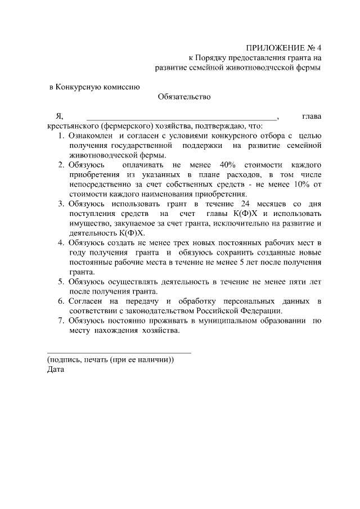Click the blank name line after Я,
click(182, 117)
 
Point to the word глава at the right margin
click(312, 116)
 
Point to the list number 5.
click(62, 281)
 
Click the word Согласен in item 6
click(85, 301)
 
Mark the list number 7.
click(62, 321)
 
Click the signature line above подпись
click(119, 353)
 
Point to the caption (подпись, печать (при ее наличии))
click(110, 360)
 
